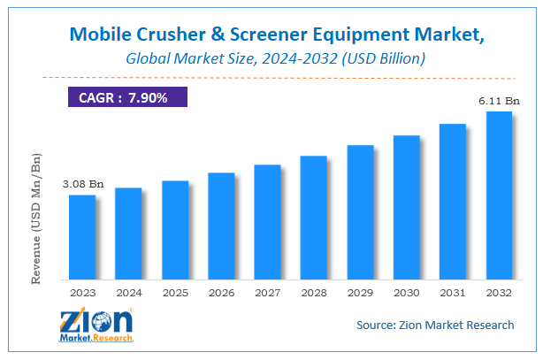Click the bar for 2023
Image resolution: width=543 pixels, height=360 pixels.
[82, 237]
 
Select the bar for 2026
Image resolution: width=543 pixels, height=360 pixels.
[221, 226]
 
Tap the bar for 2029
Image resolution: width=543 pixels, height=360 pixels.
[360, 212]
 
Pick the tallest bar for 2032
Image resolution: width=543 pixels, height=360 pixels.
[499, 195]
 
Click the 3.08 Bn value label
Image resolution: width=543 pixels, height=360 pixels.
[82, 184]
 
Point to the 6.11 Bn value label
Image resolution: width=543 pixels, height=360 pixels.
[499, 101]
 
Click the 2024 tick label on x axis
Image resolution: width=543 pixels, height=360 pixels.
[128, 292]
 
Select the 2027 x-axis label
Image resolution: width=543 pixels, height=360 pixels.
[267, 292]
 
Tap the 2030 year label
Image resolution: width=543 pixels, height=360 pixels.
[406, 292]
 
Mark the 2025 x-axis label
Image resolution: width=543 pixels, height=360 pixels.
[175, 292]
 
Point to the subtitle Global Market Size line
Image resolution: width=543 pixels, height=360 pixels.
[271, 59]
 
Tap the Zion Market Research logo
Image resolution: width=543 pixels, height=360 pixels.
[95, 326]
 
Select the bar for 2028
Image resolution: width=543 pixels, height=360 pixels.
[314, 218]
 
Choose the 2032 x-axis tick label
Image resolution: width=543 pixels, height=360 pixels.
[499, 292]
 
